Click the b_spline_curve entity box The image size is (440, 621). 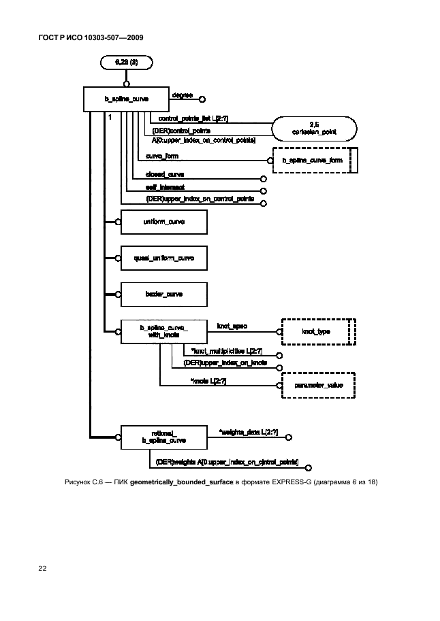click(125, 99)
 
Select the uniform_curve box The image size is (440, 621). click(163, 222)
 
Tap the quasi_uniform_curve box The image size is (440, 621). click(163, 258)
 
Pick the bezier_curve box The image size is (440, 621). click(163, 295)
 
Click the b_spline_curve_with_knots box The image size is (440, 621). click(163, 331)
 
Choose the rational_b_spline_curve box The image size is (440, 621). click(163, 437)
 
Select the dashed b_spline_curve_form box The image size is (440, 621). click(313, 161)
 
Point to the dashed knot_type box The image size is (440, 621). click(315, 331)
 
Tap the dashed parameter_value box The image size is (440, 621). click(318, 385)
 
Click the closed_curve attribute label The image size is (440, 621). click(165, 175)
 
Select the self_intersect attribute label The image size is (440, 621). click(166, 186)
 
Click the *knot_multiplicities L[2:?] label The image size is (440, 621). click(227, 351)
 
